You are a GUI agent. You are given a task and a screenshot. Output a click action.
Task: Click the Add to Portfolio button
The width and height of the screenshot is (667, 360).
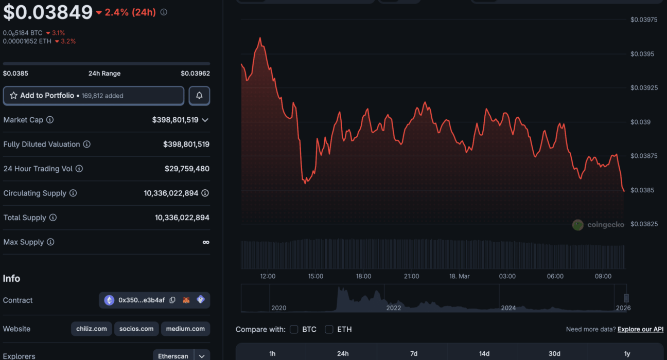tap(93, 96)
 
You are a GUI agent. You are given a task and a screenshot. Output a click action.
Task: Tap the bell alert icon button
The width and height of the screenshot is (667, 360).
tap(199, 96)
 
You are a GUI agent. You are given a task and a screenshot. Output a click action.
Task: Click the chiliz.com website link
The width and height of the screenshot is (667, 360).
tap(91, 329)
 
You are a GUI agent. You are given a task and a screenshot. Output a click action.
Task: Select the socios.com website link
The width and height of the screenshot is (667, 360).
tap(136, 329)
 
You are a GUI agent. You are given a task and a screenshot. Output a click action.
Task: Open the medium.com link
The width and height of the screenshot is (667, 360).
tap(185, 329)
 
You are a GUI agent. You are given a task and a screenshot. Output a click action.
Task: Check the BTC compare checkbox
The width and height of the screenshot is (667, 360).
tap(294, 329)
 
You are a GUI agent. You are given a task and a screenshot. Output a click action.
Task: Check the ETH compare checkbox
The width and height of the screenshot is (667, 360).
tap(329, 329)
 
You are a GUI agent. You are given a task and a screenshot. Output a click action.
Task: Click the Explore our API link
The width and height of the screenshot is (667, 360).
tap(640, 329)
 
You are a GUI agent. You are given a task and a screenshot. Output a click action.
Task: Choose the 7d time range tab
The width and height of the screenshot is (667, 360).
tap(414, 353)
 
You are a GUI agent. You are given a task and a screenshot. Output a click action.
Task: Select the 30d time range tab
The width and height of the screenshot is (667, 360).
tap(554, 353)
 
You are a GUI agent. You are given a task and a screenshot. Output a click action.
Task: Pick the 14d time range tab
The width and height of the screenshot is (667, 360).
tap(484, 353)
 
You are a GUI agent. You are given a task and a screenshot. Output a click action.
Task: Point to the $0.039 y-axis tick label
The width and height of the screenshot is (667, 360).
tap(641, 122)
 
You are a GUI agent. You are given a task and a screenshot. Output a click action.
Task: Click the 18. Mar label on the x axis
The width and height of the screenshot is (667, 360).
tap(459, 276)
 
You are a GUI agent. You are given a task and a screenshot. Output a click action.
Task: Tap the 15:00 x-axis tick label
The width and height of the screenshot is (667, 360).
tap(315, 276)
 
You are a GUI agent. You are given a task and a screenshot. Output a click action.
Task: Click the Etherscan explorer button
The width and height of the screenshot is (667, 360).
tap(173, 356)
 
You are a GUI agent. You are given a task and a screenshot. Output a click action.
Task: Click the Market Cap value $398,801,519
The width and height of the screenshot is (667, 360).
tap(175, 120)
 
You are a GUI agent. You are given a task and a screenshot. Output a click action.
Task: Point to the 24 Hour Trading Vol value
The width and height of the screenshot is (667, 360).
tap(187, 169)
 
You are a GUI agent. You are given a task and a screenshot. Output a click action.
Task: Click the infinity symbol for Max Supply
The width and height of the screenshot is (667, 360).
tap(206, 242)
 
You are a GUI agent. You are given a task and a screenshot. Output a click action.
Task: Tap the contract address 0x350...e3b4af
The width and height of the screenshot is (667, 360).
tap(142, 300)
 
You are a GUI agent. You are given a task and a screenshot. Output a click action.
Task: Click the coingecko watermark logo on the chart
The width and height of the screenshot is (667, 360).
tap(598, 225)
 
